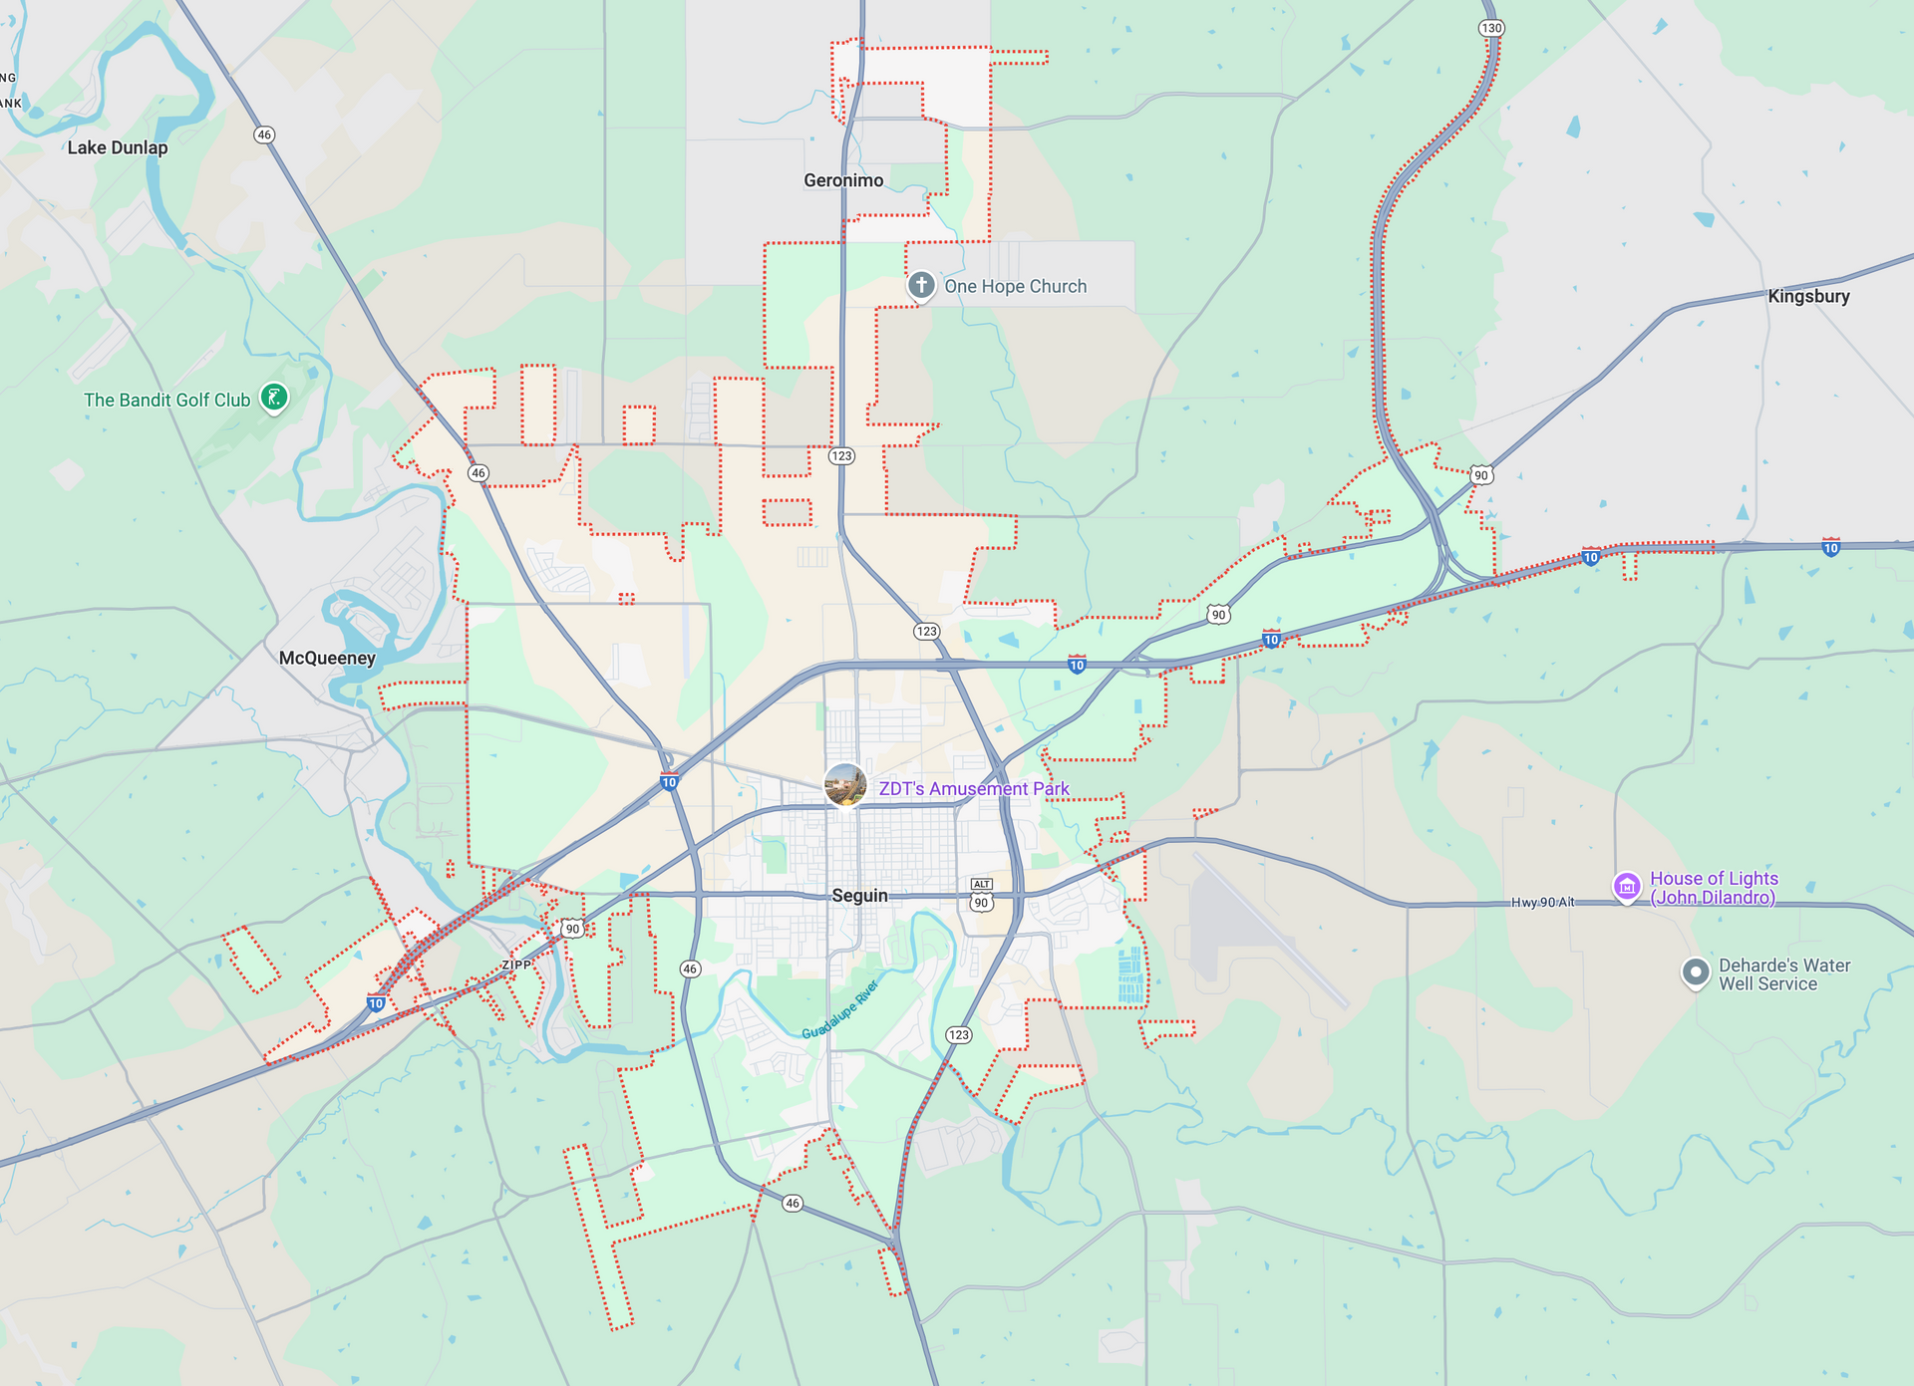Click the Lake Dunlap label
pos(118,147)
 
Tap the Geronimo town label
pos(843,180)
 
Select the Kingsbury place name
pos(1808,296)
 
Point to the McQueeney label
pos(327,658)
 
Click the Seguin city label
pos(859,895)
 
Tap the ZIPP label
pos(516,965)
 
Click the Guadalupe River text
pos(840,1008)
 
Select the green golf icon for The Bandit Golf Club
pos(274,398)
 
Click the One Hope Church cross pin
pos(921,285)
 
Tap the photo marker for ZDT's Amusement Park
pos(845,785)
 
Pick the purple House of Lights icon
pos(1627,885)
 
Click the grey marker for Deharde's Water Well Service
pos(1696,971)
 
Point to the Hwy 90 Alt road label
pos(1542,902)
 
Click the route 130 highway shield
pos(1491,28)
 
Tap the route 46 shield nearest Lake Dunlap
pos(264,135)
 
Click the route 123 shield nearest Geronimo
pos(842,455)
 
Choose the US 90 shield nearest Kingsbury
pos(1481,475)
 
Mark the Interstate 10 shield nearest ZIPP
pos(376,1003)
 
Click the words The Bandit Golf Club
pos(166,400)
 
